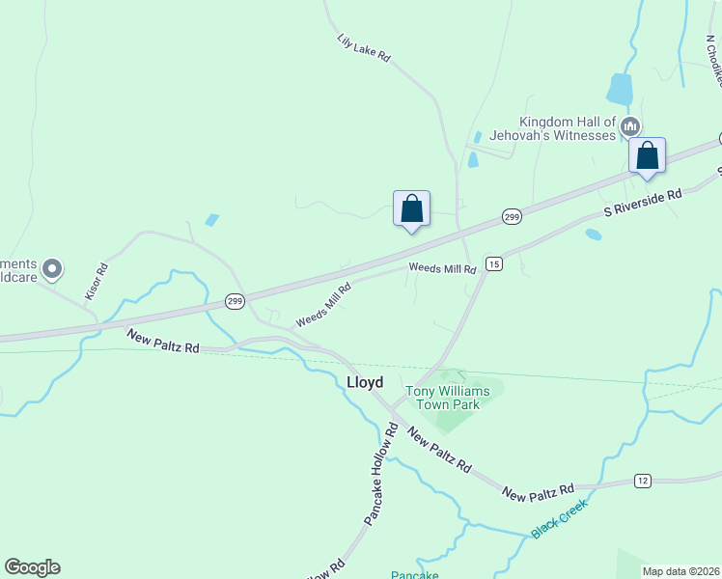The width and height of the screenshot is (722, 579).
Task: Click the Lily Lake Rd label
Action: (364, 49)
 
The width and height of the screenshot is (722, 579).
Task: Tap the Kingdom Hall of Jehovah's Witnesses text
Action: (568, 128)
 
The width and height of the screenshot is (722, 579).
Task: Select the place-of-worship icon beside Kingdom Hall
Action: (630, 126)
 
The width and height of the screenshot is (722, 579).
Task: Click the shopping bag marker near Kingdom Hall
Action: (647, 156)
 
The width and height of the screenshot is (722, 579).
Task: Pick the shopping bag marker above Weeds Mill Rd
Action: (411, 208)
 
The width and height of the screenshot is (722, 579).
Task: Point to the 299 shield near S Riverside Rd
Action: (512, 218)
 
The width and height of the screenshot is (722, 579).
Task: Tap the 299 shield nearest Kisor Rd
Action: (235, 302)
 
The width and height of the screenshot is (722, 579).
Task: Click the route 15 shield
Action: (493, 263)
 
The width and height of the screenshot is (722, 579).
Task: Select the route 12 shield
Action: (642, 481)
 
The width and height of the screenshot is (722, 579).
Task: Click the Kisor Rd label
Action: (96, 280)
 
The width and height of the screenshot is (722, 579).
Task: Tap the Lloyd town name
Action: (365, 382)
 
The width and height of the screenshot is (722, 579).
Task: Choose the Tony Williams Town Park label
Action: (448, 398)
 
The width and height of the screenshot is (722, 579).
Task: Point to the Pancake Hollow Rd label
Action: (380, 473)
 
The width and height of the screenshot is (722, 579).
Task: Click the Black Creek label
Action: (558, 518)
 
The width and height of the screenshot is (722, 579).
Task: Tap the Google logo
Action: (32, 567)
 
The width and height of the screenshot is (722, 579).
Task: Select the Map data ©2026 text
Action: (680, 571)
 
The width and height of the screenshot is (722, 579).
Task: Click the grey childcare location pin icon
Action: (53, 268)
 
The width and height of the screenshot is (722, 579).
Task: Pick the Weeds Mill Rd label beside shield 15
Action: (442, 269)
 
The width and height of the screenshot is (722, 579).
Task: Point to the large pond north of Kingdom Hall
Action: (620, 90)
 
